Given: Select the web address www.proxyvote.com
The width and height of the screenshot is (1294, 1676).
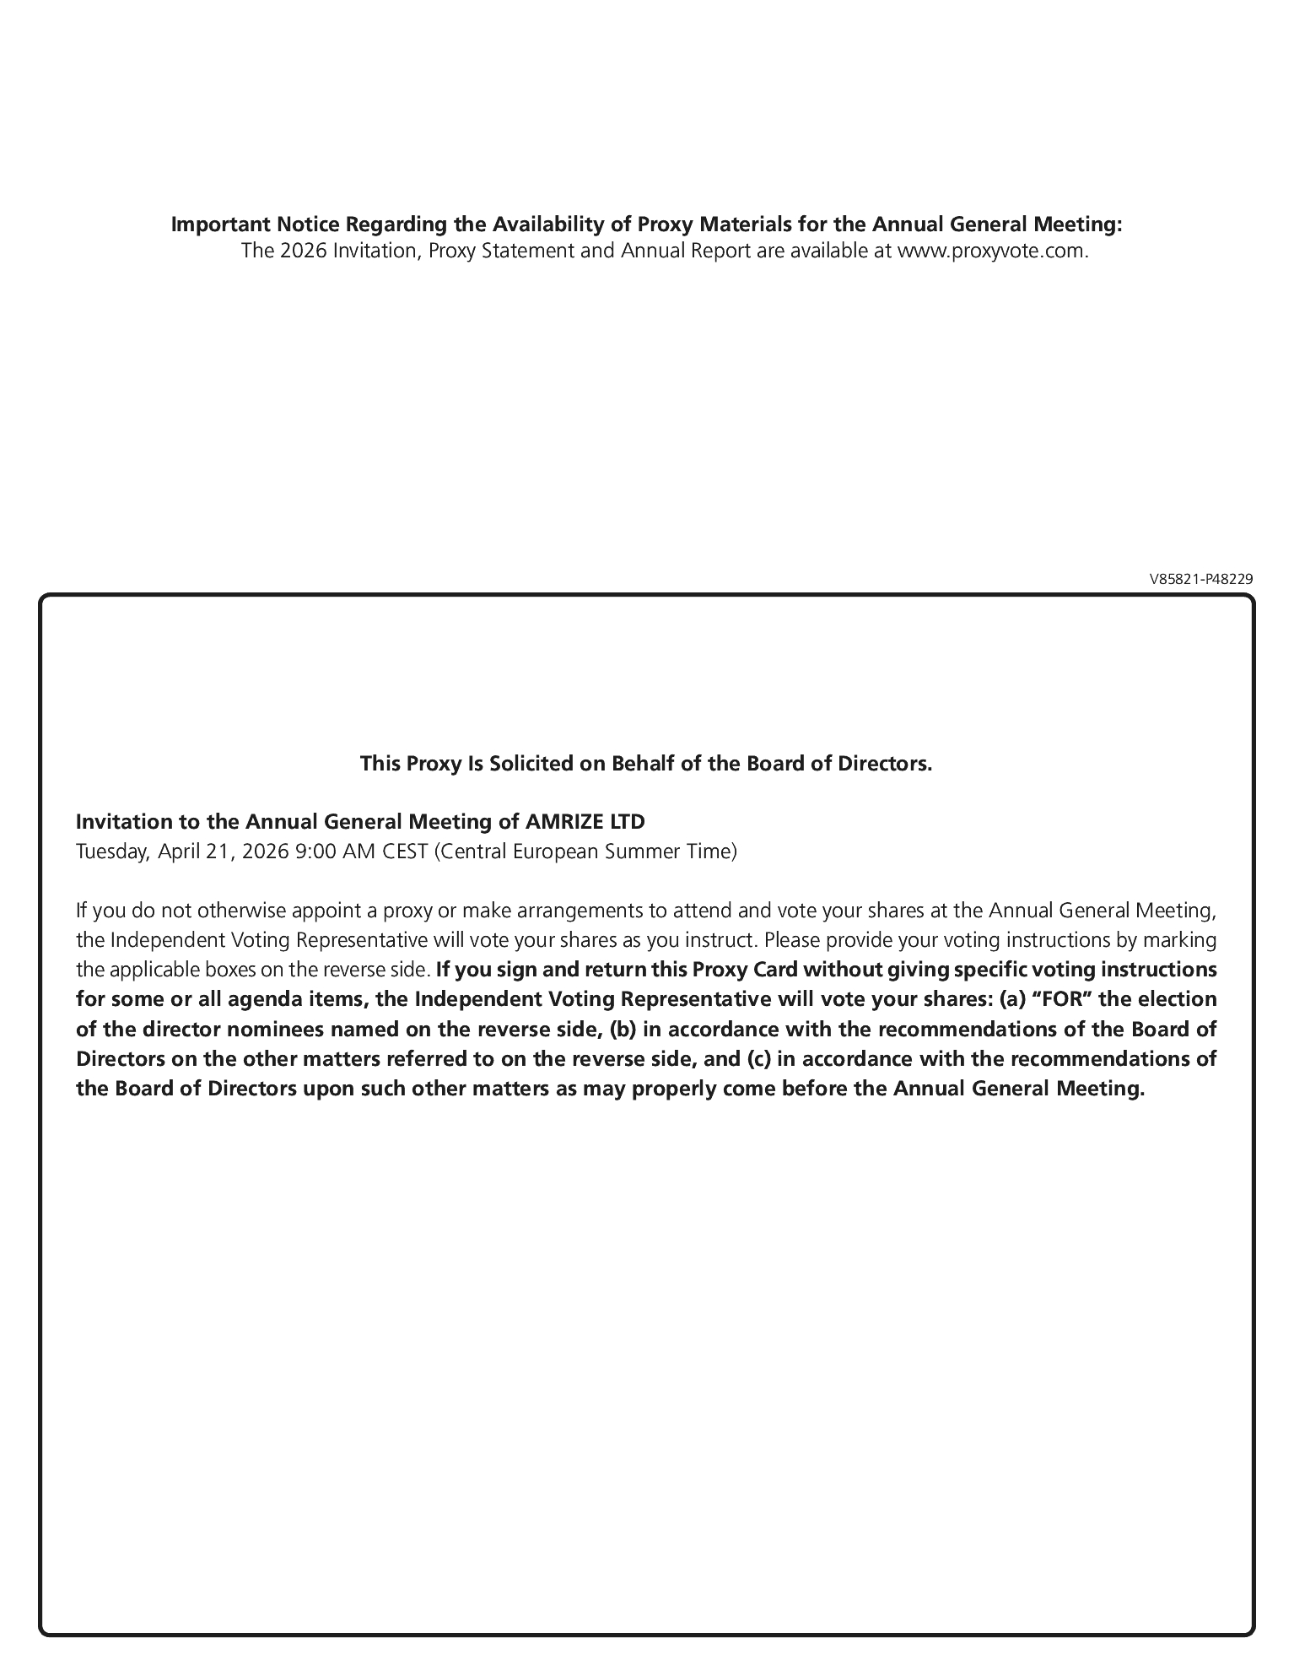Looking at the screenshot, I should tap(992, 251).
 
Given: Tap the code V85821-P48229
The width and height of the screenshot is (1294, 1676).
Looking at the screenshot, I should tap(1201, 579).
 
